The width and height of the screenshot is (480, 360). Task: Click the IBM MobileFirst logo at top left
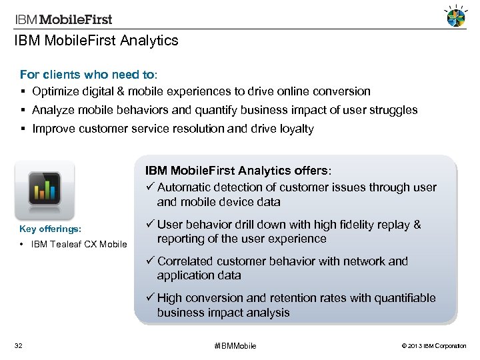coord(64,19)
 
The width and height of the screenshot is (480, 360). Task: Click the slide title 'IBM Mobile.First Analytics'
coord(97,41)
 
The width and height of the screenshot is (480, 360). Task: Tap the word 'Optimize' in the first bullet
coord(56,91)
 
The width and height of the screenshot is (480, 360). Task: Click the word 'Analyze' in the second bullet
coord(54,110)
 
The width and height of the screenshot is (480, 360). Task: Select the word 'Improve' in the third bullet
coord(53,129)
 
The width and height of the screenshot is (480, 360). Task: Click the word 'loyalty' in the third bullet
coord(294,129)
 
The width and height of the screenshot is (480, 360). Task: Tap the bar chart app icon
coord(45,189)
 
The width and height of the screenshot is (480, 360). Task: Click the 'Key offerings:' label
coord(51,229)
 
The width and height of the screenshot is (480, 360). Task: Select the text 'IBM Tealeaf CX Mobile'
coord(79,244)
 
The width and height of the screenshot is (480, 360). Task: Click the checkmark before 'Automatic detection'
coord(149,187)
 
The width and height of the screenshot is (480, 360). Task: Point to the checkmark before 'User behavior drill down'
coord(149,225)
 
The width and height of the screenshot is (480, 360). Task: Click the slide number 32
coord(19,345)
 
